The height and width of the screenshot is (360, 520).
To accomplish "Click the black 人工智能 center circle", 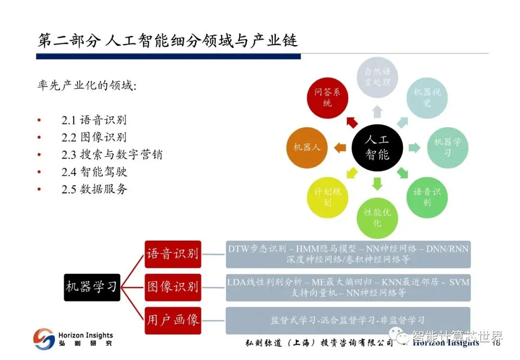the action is (x=377, y=147).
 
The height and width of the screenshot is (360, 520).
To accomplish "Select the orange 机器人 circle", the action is (x=307, y=147).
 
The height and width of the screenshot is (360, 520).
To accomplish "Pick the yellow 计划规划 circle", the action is (x=327, y=197).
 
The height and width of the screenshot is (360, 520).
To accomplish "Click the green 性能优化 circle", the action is (x=377, y=218).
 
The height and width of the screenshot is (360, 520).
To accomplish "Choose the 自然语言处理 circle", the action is (x=377, y=77).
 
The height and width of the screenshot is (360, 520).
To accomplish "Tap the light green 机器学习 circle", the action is (x=447, y=147).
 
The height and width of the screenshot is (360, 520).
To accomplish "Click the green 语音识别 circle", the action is (x=427, y=197).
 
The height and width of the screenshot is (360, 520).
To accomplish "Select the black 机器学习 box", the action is (x=91, y=287).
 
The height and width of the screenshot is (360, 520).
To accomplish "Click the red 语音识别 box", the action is (x=172, y=254).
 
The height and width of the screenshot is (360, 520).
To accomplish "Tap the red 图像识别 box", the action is (x=172, y=287).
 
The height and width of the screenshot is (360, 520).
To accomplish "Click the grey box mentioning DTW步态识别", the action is (x=348, y=254).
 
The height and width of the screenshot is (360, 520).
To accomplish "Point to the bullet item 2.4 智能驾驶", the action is (x=94, y=171).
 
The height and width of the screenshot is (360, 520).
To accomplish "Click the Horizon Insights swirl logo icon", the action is (x=44, y=339).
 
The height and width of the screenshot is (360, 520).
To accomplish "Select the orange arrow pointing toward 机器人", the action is (x=340, y=147).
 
